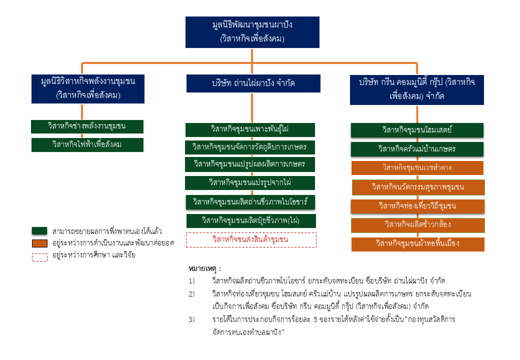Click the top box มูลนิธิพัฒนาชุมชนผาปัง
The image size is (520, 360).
[252, 32]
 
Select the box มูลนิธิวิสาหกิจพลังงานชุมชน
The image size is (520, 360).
[88, 87]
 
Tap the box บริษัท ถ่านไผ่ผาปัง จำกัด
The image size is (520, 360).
[253, 83]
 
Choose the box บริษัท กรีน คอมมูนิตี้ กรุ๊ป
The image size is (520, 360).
[416, 89]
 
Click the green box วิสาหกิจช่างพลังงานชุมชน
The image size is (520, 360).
[87, 126]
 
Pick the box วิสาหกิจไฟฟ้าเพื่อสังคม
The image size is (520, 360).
[87, 144]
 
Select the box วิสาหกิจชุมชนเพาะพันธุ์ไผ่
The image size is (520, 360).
[250, 129]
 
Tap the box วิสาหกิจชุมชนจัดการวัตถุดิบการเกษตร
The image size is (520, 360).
[250, 147]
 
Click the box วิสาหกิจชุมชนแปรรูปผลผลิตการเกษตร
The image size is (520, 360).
[250, 164]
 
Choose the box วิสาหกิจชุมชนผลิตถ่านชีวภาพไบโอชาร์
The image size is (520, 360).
[250, 202]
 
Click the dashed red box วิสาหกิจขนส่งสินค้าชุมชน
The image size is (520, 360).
[251, 239]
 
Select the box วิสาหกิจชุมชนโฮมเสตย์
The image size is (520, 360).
[417, 130]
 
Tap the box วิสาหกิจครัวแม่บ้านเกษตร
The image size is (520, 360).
[417, 149]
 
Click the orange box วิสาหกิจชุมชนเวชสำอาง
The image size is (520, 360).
[417, 167]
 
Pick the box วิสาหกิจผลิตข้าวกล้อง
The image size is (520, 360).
[417, 225]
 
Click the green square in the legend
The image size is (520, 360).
[39, 231]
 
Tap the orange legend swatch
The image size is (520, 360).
[39, 243]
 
